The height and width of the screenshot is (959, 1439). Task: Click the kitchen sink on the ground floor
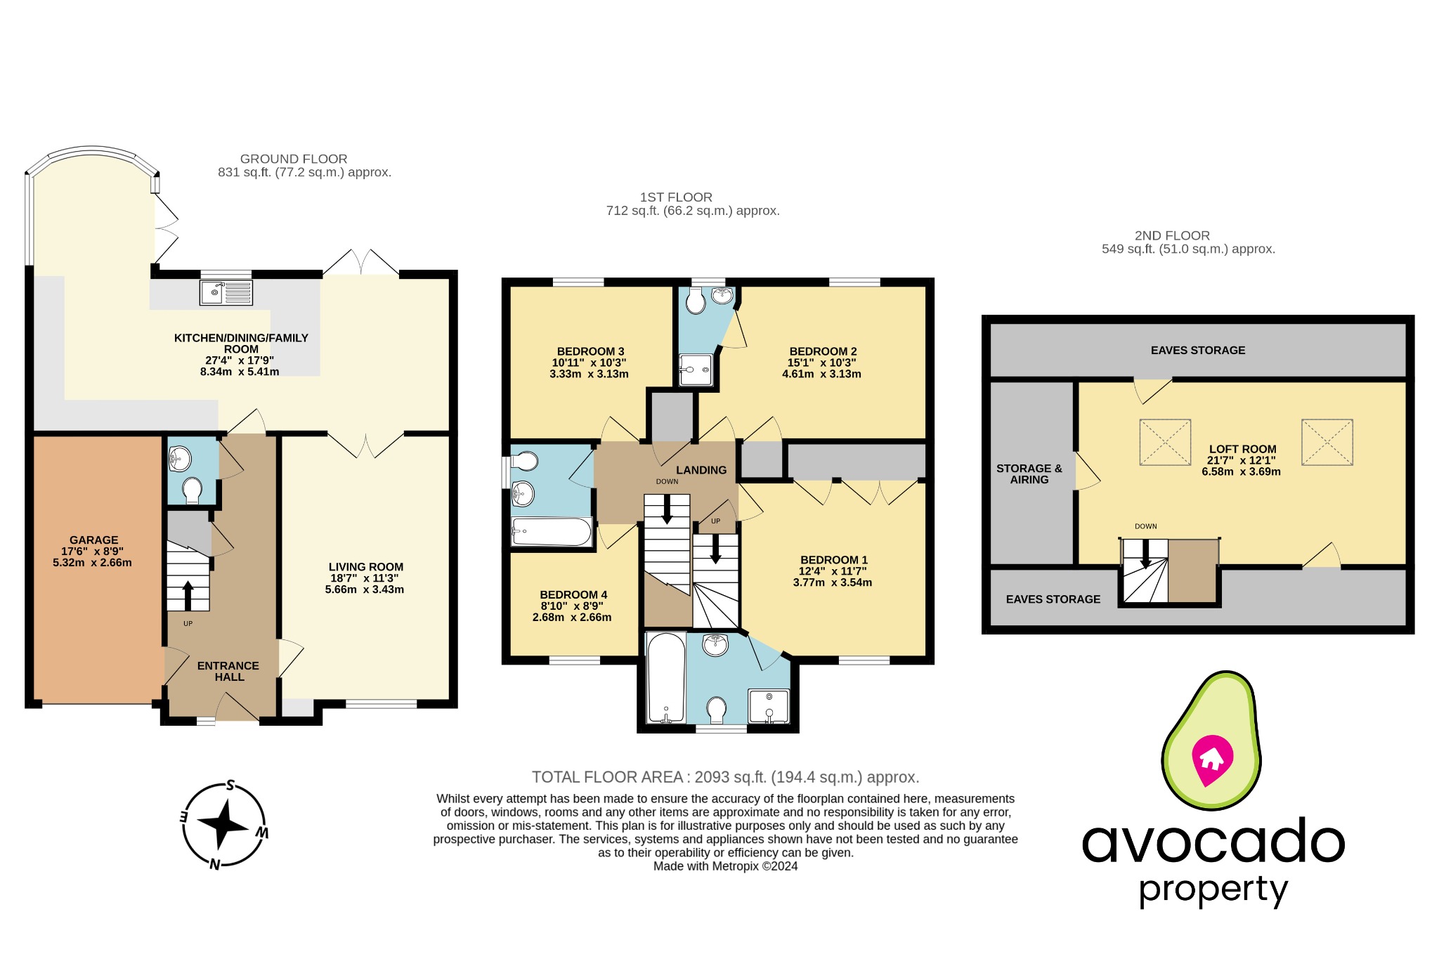click(x=226, y=292)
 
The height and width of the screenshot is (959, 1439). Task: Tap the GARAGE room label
click(x=93, y=540)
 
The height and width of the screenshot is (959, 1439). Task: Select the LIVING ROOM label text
click(x=365, y=567)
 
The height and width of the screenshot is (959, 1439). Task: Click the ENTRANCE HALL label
click(x=228, y=671)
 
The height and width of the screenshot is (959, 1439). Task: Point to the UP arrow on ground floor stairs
click(x=188, y=594)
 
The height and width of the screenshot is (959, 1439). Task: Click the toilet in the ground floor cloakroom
click(x=191, y=490)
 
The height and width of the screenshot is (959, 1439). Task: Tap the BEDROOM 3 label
click(x=590, y=351)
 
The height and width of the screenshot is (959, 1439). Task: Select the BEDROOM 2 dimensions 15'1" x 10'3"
click(x=821, y=363)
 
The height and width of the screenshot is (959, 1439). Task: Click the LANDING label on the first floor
click(x=701, y=470)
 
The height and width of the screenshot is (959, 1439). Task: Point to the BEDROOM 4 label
click(x=573, y=594)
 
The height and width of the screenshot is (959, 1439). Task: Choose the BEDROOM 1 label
click(x=833, y=560)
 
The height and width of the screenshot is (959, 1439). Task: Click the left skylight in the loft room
click(x=1164, y=442)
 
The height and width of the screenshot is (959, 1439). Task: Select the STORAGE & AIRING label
click(x=1029, y=474)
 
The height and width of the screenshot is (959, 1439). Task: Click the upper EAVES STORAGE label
click(x=1197, y=350)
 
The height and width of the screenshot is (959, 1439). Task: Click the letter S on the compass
click(x=230, y=785)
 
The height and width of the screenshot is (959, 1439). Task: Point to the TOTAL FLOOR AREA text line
click(x=724, y=777)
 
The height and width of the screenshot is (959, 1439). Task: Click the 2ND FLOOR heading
click(x=1172, y=236)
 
